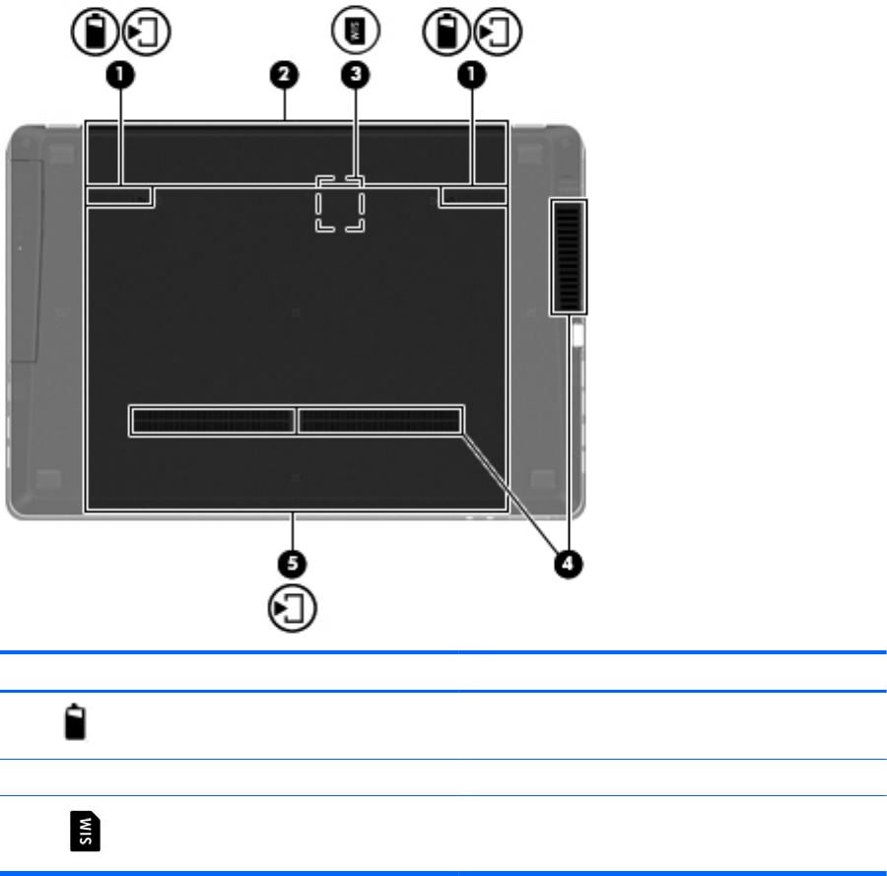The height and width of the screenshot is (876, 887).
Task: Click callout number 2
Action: (284, 75)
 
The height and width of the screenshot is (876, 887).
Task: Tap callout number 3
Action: (355, 75)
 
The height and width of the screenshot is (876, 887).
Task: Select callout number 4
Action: (568, 564)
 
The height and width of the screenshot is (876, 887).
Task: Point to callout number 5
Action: (292, 564)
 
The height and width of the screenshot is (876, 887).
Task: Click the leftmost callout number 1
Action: (120, 75)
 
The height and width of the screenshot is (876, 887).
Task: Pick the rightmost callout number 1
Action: (472, 75)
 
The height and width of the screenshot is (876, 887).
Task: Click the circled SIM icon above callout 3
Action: (355, 30)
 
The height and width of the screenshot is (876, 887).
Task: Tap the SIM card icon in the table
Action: (85, 831)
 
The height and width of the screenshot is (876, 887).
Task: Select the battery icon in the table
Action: (75, 721)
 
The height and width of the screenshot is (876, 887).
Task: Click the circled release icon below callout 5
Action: (292, 608)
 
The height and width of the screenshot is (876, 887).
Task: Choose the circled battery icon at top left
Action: (95, 32)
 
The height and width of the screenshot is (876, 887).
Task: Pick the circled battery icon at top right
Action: (446, 32)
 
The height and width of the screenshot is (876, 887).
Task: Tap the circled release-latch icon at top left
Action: (146, 32)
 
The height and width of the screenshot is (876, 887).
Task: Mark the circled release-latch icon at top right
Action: (498, 32)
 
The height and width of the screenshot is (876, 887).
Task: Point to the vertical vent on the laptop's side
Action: (568, 257)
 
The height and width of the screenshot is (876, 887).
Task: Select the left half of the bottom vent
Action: (212, 421)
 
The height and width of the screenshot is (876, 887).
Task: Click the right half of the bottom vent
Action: (380, 421)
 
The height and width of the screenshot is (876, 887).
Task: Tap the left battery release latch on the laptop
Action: (119, 196)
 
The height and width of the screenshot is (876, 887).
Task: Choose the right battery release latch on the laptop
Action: (473, 196)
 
